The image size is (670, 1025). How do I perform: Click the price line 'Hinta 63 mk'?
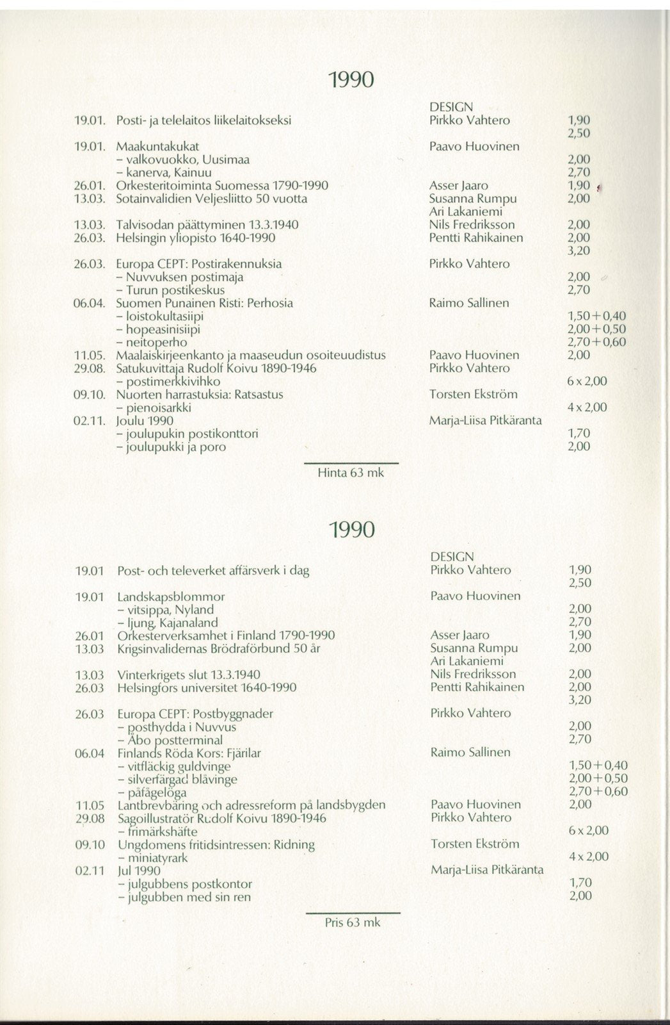pos(351,473)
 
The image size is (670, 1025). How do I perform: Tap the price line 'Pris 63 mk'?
pos(352,922)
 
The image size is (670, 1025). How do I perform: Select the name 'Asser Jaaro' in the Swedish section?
pos(459,635)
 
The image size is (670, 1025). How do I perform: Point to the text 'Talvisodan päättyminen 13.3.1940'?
pos(207,225)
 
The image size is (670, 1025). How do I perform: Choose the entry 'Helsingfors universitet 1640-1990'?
pos(207,687)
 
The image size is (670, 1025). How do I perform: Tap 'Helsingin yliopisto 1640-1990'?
pos(195,238)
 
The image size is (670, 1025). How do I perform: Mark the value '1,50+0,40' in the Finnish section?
pos(596,316)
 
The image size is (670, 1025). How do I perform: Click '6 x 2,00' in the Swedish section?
pos(587,831)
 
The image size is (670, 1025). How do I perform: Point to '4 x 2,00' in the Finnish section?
pos(587,407)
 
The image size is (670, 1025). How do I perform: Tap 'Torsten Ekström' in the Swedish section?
pos(474,844)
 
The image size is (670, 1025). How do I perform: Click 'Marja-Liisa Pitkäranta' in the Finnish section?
pos(486,421)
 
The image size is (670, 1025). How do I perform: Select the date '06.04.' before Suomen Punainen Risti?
pos(90,303)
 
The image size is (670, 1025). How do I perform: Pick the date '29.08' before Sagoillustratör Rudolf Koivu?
pos(90,818)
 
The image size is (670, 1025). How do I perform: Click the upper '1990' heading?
pos(350,80)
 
